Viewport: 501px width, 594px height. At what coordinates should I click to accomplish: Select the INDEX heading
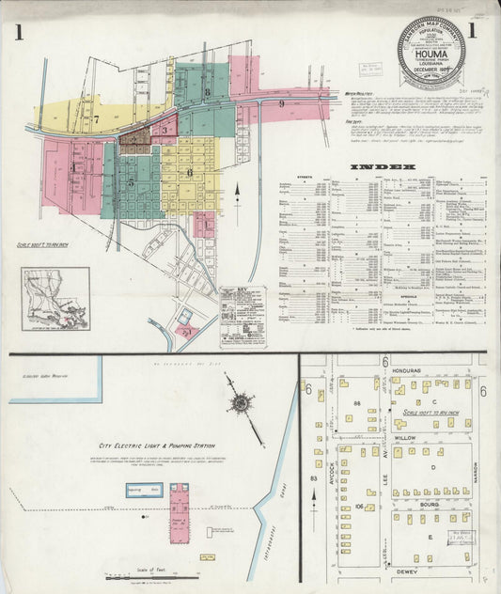click(382, 167)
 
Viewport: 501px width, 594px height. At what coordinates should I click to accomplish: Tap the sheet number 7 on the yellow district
click(96, 119)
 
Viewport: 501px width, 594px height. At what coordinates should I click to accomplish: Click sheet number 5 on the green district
click(131, 182)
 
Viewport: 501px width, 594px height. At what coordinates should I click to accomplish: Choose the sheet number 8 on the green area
click(207, 92)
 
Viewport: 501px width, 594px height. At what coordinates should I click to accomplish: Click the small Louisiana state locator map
click(56, 299)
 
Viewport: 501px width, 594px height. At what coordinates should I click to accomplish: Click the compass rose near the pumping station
click(240, 403)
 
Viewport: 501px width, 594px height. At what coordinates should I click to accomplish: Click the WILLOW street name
click(405, 438)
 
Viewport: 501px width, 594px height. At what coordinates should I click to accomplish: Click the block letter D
click(433, 467)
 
